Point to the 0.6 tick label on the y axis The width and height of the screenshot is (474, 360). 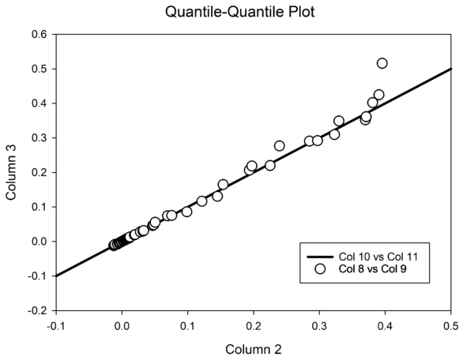(x=39, y=34)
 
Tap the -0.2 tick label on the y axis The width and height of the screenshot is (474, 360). (x=37, y=310)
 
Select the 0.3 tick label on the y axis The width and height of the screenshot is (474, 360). (x=39, y=137)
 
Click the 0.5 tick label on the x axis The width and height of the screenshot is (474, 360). (x=451, y=325)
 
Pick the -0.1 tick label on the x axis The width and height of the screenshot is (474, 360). (x=55, y=325)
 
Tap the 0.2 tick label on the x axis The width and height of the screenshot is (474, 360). (x=254, y=325)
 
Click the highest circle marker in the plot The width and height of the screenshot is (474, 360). (x=382, y=63)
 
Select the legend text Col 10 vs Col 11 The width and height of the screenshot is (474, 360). (x=371, y=257)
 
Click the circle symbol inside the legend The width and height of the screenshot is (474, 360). (x=320, y=269)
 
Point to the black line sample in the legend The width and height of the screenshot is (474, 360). (x=320, y=257)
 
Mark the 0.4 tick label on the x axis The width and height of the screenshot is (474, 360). (x=386, y=325)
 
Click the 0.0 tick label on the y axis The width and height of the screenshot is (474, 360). (x=39, y=242)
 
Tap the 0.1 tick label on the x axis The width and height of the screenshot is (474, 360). (x=188, y=325)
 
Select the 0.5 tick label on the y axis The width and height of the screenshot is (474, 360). (x=39, y=69)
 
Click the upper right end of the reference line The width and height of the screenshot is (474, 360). (x=451, y=69)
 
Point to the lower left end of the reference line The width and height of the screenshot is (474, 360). (x=56, y=276)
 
